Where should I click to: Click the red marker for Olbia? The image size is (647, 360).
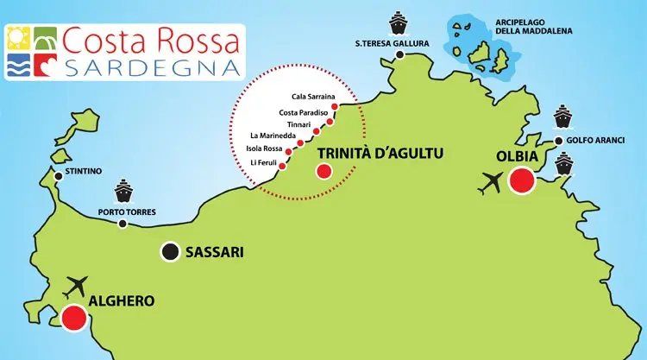click(x=521, y=181)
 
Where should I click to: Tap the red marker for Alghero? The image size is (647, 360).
click(x=73, y=319)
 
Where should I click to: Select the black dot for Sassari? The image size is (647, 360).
click(x=171, y=252)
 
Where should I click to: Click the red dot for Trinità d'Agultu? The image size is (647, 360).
click(x=323, y=170)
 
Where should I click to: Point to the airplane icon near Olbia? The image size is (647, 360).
click(x=493, y=183)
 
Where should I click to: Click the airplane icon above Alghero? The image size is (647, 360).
click(x=76, y=285)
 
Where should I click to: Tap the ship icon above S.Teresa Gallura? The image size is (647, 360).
click(x=399, y=22)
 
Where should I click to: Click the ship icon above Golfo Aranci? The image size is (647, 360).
click(x=562, y=115)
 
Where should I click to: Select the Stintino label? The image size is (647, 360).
click(x=84, y=172)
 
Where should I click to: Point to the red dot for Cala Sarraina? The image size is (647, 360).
click(x=334, y=107)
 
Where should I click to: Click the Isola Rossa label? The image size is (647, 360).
click(x=263, y=148)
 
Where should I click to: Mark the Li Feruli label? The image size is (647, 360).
click(x=263, y=162)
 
